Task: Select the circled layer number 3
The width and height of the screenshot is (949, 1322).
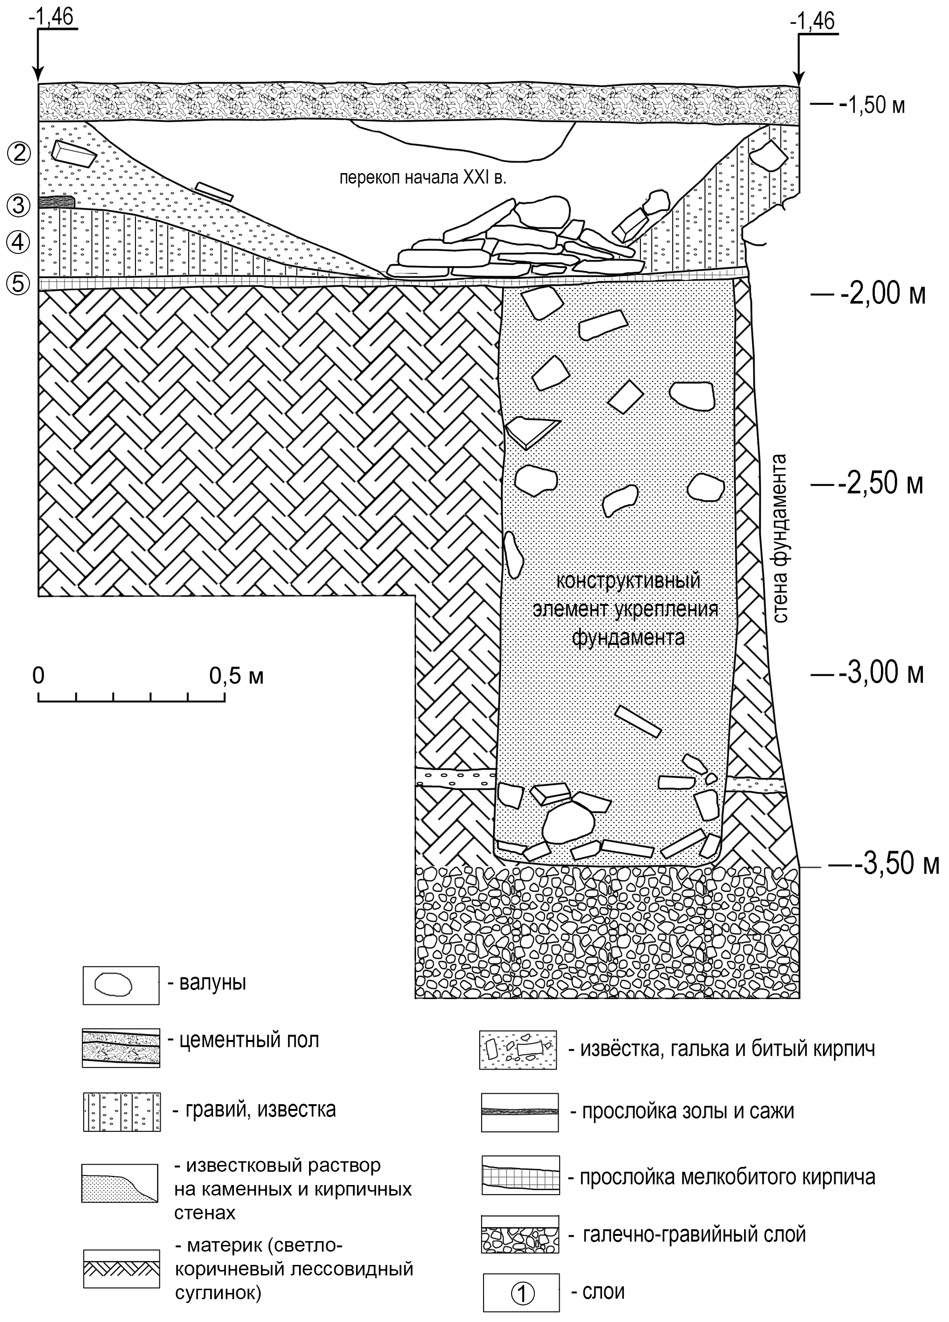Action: click(19, 204)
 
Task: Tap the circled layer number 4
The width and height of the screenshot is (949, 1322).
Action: click(19, 241)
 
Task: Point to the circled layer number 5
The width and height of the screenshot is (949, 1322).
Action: click(19, 283)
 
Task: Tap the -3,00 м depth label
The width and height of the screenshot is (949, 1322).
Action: click(881, 673)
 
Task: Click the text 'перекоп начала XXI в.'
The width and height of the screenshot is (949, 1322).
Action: click(423, 177)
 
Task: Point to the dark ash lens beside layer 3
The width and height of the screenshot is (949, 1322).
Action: click(57, 202)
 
